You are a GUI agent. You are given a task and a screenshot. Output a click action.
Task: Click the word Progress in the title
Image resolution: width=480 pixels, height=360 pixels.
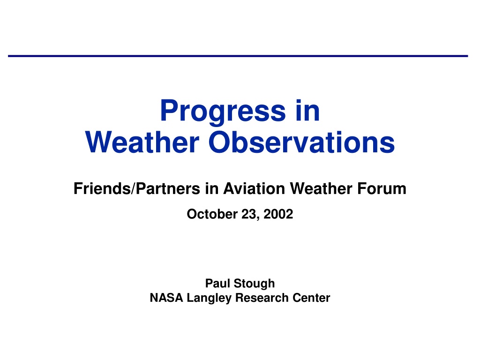pos(223,112)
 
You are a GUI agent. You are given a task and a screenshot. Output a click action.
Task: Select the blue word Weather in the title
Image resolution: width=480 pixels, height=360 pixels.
pos(142,142)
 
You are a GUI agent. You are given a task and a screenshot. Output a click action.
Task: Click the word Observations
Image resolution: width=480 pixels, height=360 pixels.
pos(301,142)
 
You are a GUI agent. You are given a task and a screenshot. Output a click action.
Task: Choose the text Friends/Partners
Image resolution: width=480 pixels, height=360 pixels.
pos(137,188)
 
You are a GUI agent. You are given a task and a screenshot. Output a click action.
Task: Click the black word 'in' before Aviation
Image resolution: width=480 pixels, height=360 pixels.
pos(212,188)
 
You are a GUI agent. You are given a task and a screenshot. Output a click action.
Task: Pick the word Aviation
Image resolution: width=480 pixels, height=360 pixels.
pos(254,188)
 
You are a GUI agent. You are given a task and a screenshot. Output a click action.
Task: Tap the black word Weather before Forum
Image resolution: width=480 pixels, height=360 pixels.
pos(321,188)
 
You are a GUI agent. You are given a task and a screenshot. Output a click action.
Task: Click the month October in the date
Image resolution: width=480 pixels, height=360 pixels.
pos(212,214)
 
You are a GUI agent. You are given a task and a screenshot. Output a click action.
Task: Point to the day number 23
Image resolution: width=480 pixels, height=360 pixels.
pos(248,214)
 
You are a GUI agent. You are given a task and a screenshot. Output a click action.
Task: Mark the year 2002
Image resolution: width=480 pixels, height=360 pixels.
pos(278,214)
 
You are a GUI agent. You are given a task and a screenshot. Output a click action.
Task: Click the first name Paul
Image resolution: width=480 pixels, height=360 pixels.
pos(217,283)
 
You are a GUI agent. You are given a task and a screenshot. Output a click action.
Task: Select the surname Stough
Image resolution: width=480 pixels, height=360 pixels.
pos(254,284)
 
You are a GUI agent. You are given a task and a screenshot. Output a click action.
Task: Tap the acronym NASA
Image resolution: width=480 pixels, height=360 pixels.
pos(166,298)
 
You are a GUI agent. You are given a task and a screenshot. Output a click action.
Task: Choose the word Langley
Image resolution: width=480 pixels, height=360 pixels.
pos(209,298)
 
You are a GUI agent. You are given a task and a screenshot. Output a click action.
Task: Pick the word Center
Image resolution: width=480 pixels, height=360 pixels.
pos(311,298)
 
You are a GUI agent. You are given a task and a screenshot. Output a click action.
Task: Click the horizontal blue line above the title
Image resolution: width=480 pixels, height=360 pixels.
pos(238,56)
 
